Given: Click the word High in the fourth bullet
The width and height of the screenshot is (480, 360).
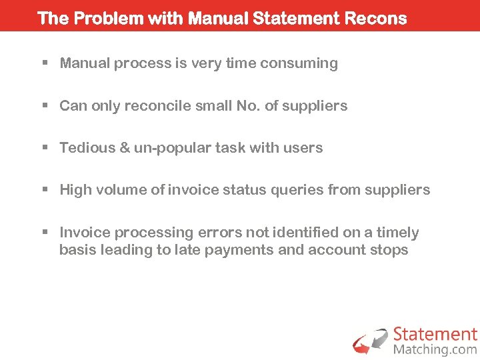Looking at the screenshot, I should click(x=75, y=190).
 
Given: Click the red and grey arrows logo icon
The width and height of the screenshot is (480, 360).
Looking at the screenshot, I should click(x=370, y=341).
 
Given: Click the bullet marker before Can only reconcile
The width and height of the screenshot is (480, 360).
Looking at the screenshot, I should click(x=45, y=106).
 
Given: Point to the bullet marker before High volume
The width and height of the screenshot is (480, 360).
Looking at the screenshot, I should click(x=45, y=190).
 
